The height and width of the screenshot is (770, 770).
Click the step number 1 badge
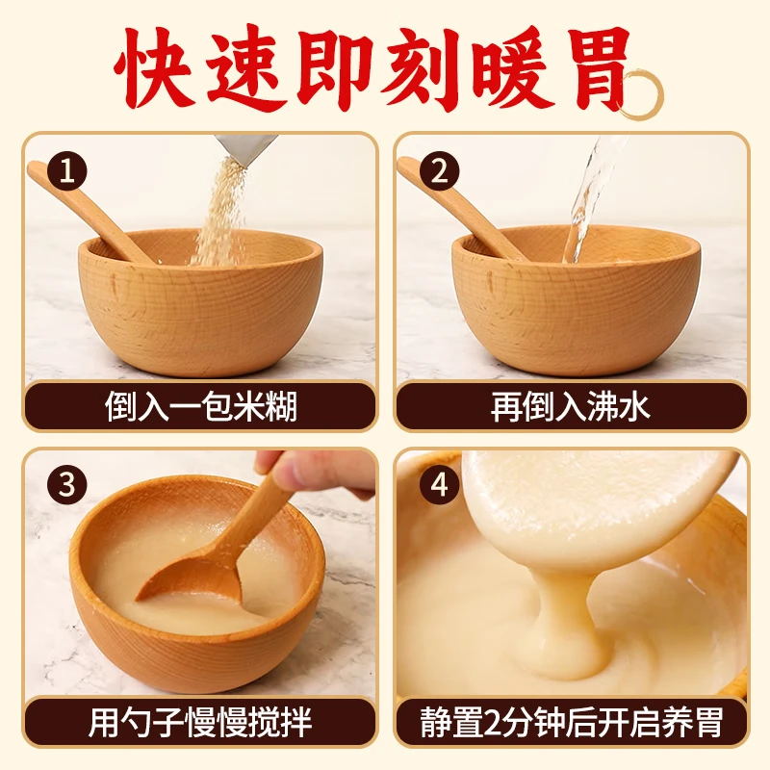click(x=66, y=172)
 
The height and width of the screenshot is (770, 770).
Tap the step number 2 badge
click(x=439, y=172)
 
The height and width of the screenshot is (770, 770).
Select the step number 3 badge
click(x=66, y=485)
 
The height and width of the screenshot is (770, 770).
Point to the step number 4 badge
click(x=439, y=485)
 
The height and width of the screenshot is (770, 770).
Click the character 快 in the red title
click(x=153, y=68)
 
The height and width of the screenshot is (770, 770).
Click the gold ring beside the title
click(x=640, y=94)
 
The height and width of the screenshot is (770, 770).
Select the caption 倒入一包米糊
click(x=201, y=407)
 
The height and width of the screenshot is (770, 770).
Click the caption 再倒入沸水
click(x=570, y=407)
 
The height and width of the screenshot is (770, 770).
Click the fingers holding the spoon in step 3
click(x=315, y=473)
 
